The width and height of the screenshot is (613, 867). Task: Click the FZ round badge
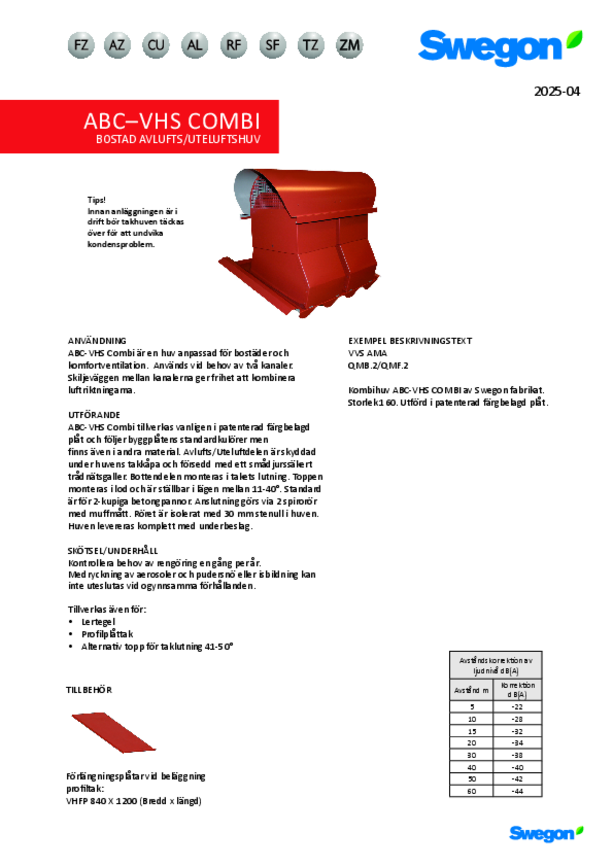pyautogui.click(x=81, y=45)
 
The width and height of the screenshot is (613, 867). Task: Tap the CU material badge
pyautogui.click(x=156, y=45)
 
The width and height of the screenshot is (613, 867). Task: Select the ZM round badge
pyautogui.click(x=349, y=45)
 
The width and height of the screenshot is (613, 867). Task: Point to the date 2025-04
pyautogui.click(x=557, y=92)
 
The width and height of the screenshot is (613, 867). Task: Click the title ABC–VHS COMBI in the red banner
pyautogui.click(x=172, y=121)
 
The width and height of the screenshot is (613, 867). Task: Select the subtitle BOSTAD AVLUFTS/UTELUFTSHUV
pyautogui.click(x=178, y=139)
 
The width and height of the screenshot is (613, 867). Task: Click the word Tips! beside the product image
pyautogui.click(x=96, y=200)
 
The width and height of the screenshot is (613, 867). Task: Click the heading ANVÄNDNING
pyautogui.click(x=97, y=340)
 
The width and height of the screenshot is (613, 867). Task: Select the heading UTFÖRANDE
pyautogui.click(x=94, y=415)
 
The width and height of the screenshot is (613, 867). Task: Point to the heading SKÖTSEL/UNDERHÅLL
pyautogui.click(x=113, y=551)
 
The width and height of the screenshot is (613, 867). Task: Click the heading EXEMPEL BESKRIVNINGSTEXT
pyautogui.click(x=410, y=340)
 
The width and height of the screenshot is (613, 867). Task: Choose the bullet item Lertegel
pyautogui.click(x=98, y=622)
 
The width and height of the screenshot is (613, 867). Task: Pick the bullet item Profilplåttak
pyautogui.click(x=107, y=634)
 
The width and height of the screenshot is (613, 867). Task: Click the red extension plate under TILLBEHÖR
pyautogui.click(x=114, y=732)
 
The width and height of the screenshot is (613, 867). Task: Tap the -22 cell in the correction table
pyautogui.click(x=517, y=707)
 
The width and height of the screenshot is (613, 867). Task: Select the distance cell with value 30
pyautogui.click(x=472, y=755)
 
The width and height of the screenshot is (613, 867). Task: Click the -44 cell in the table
pyautogui.click(x=517, y=791)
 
